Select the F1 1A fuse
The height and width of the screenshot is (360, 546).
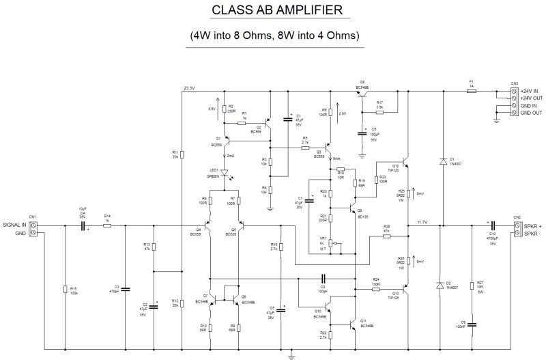pos(471,89)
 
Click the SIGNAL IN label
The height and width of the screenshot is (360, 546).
pos(14,223)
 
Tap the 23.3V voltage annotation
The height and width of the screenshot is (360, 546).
pos(189,87)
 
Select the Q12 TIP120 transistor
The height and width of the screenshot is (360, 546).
pos(404,164)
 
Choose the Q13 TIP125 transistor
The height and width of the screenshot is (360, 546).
pos(404,290)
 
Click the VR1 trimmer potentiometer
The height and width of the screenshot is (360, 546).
pos(331,243)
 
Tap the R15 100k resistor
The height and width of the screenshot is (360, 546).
pos(65,290)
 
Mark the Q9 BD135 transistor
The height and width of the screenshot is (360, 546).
pos(352,205)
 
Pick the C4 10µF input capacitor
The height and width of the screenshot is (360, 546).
pos(85,223)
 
